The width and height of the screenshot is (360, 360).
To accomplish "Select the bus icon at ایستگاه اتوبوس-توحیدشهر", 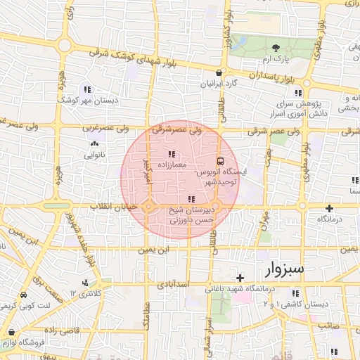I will point(219,161).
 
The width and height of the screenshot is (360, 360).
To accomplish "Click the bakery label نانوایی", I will point(94,153).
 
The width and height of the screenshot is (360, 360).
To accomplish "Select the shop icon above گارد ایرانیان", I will point(219,72).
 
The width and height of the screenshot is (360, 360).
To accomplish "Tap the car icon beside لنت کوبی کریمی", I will point(25,295).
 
